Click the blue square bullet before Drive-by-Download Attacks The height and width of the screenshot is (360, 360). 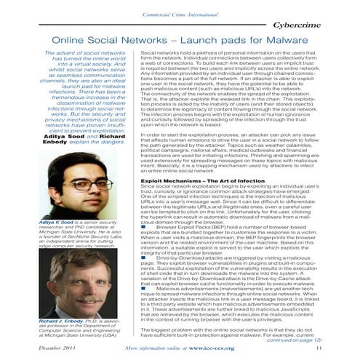tap(143, 257)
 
